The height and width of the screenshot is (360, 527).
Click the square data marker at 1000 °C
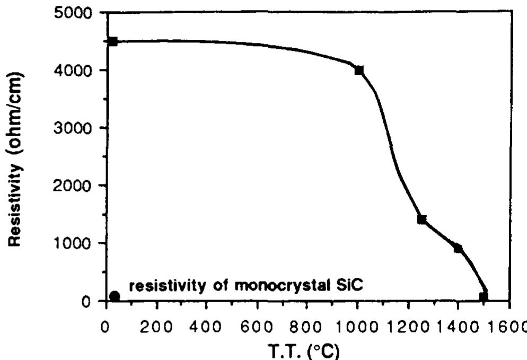(x=359, y=70)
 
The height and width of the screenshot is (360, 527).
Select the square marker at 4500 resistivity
(x=112, y=41)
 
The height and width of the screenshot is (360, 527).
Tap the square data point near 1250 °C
(x=422, y=219)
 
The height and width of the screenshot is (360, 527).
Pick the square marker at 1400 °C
(x=458, y=248)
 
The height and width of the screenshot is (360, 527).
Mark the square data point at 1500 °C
(x=484, y=296)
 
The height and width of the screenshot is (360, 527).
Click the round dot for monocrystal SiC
(x=115, y=296)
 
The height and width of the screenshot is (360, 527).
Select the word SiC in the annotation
(x=347, y=286)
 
